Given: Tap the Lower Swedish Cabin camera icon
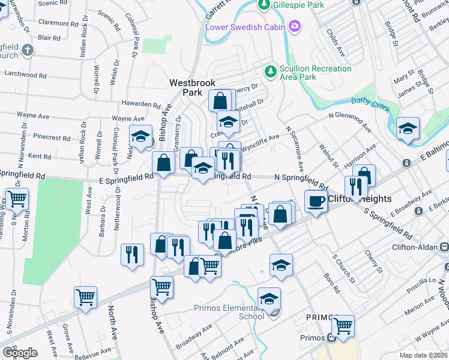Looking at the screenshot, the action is (295, 26).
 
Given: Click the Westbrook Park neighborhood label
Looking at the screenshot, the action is (187, 88).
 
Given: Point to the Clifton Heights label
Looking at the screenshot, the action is (359, 199).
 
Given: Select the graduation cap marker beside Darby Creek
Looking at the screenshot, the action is (408, 128).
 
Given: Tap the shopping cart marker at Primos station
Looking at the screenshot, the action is (343, 326).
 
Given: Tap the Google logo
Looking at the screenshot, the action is (20, 352).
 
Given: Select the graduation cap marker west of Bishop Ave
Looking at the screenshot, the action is (140, 136).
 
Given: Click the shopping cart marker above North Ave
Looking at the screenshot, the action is (86, 296).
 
